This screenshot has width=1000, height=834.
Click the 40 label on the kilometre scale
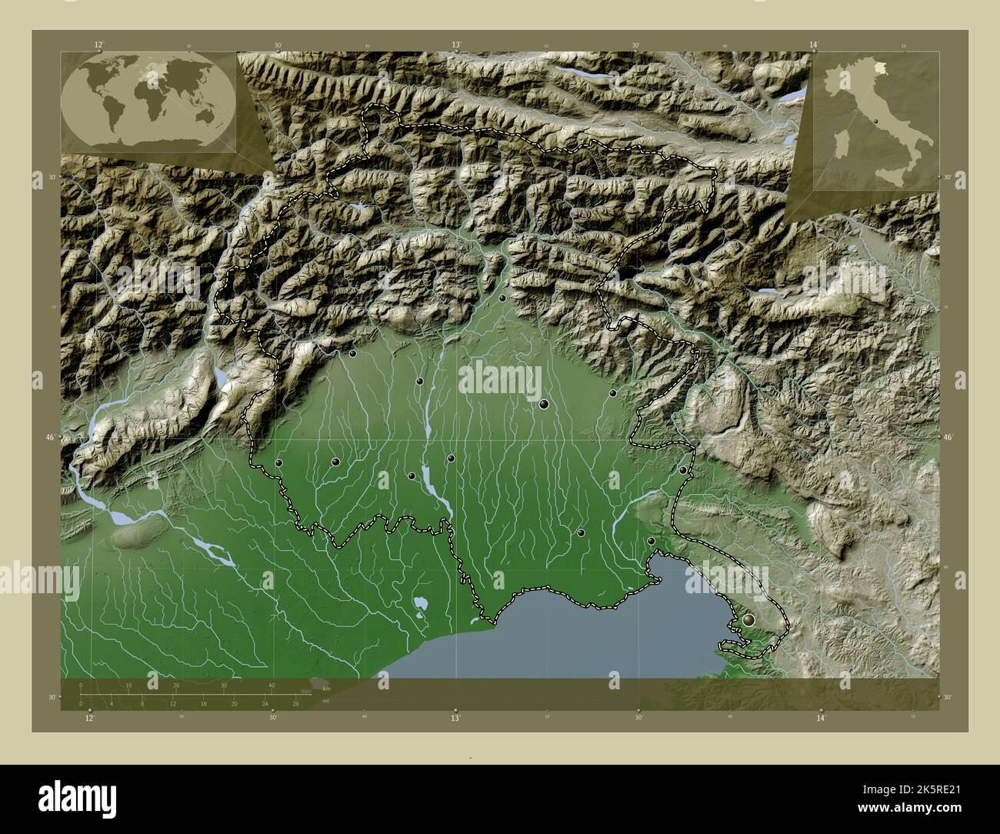[271, 685]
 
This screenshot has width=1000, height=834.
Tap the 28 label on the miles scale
[295, 703]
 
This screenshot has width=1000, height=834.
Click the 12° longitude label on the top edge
[98, 45]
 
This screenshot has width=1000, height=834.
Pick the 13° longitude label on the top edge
[456, 45]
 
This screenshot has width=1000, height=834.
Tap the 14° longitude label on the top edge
[815, 45]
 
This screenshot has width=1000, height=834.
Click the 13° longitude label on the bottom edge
[455, 718]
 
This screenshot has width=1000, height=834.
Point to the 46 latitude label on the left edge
[50, 437]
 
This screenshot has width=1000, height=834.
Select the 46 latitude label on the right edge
[948, 437]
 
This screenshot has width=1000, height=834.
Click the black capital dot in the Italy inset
[876, 121]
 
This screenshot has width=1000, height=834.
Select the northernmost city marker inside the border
[502, 298]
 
